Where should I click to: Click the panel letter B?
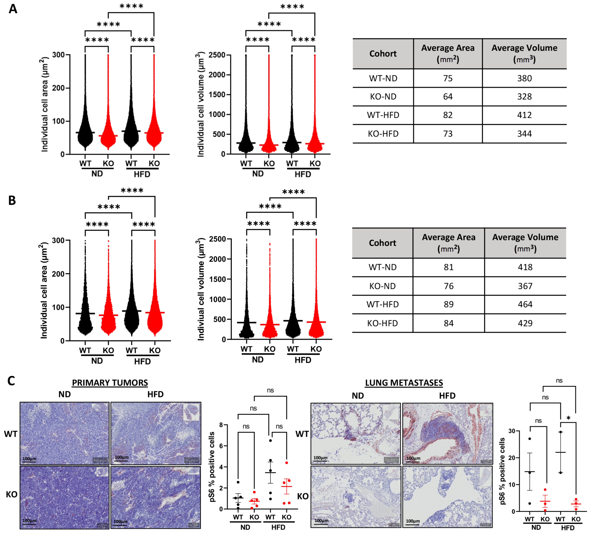coord(12,201)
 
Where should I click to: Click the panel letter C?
coord(11,381)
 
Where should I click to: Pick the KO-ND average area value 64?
coord(447,97)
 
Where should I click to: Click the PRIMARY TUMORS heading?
coord(110,383)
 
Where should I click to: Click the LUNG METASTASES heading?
coord(404,383)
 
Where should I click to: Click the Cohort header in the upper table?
coord(383,54)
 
